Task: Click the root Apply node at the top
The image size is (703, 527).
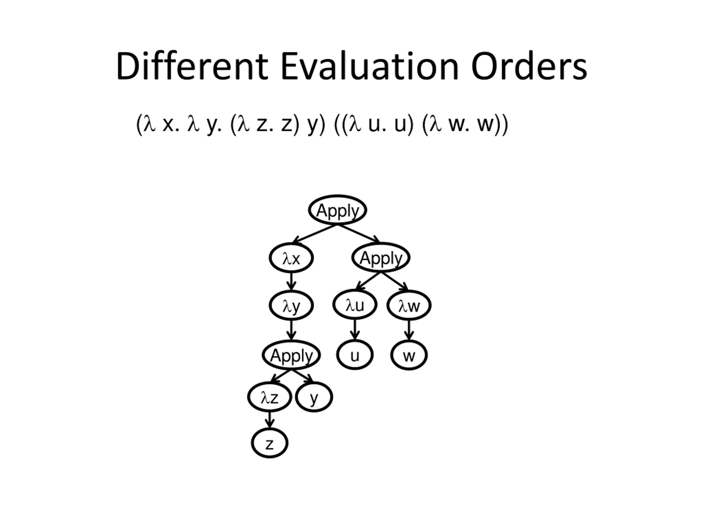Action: coord(337,210)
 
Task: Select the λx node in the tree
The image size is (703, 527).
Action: coord(291,258)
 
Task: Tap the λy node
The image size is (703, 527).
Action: coord(291,305)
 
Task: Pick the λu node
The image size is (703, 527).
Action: coord(355,305)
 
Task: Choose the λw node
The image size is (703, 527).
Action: coord(409,305)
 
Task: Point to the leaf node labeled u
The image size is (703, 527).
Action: coord(355,355)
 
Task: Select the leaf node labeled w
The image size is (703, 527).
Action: coord(409,355)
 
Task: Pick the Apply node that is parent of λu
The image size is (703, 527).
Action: coord(381,257)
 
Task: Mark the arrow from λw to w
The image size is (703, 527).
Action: coord(409,329)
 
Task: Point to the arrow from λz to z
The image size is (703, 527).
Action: coord(269,420)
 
